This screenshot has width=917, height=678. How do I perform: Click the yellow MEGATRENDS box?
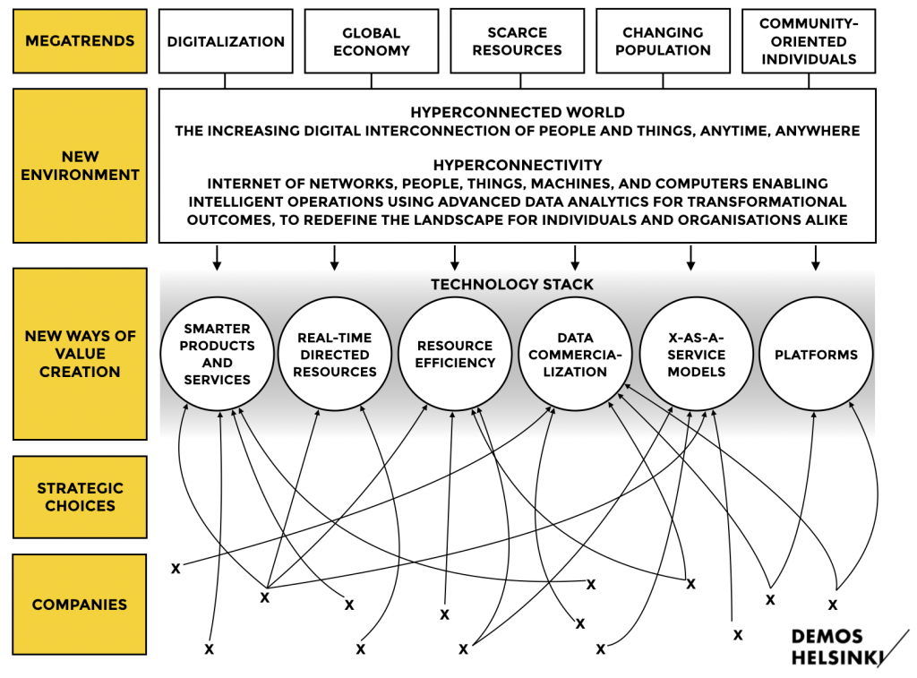coord(80,41)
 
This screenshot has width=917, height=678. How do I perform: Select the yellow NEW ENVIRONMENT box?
coord(80,166)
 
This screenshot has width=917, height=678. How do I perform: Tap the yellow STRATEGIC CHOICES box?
coord(80,497)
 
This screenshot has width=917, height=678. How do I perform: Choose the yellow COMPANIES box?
coord(80,605)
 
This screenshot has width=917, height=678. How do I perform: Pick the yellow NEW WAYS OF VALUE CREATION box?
coord(80,354)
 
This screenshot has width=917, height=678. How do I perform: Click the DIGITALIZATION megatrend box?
coord(226,41)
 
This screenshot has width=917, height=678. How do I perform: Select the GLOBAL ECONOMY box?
coord(372,41)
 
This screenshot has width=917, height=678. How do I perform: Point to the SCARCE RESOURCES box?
coord(517,41)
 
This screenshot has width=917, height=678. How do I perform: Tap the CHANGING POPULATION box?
coord(663,41)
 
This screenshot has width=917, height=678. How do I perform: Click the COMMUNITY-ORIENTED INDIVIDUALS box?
coord(809,41)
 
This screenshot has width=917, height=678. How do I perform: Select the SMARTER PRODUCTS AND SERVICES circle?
coord(217,355)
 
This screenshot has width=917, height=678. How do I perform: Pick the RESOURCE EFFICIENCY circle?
coord(455,355)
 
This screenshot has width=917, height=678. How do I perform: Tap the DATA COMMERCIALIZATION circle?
coord(575,355)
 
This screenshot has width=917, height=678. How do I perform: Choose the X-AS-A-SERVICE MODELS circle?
coord(697,355)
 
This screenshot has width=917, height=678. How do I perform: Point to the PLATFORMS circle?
coord(816,355)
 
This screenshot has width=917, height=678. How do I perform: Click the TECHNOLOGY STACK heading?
coord(512,285)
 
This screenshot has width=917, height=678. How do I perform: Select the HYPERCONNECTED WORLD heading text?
coord(517,113)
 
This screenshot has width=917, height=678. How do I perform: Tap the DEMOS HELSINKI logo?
coord(833,648)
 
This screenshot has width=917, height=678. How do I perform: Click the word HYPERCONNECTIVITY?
coord(517,166)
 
